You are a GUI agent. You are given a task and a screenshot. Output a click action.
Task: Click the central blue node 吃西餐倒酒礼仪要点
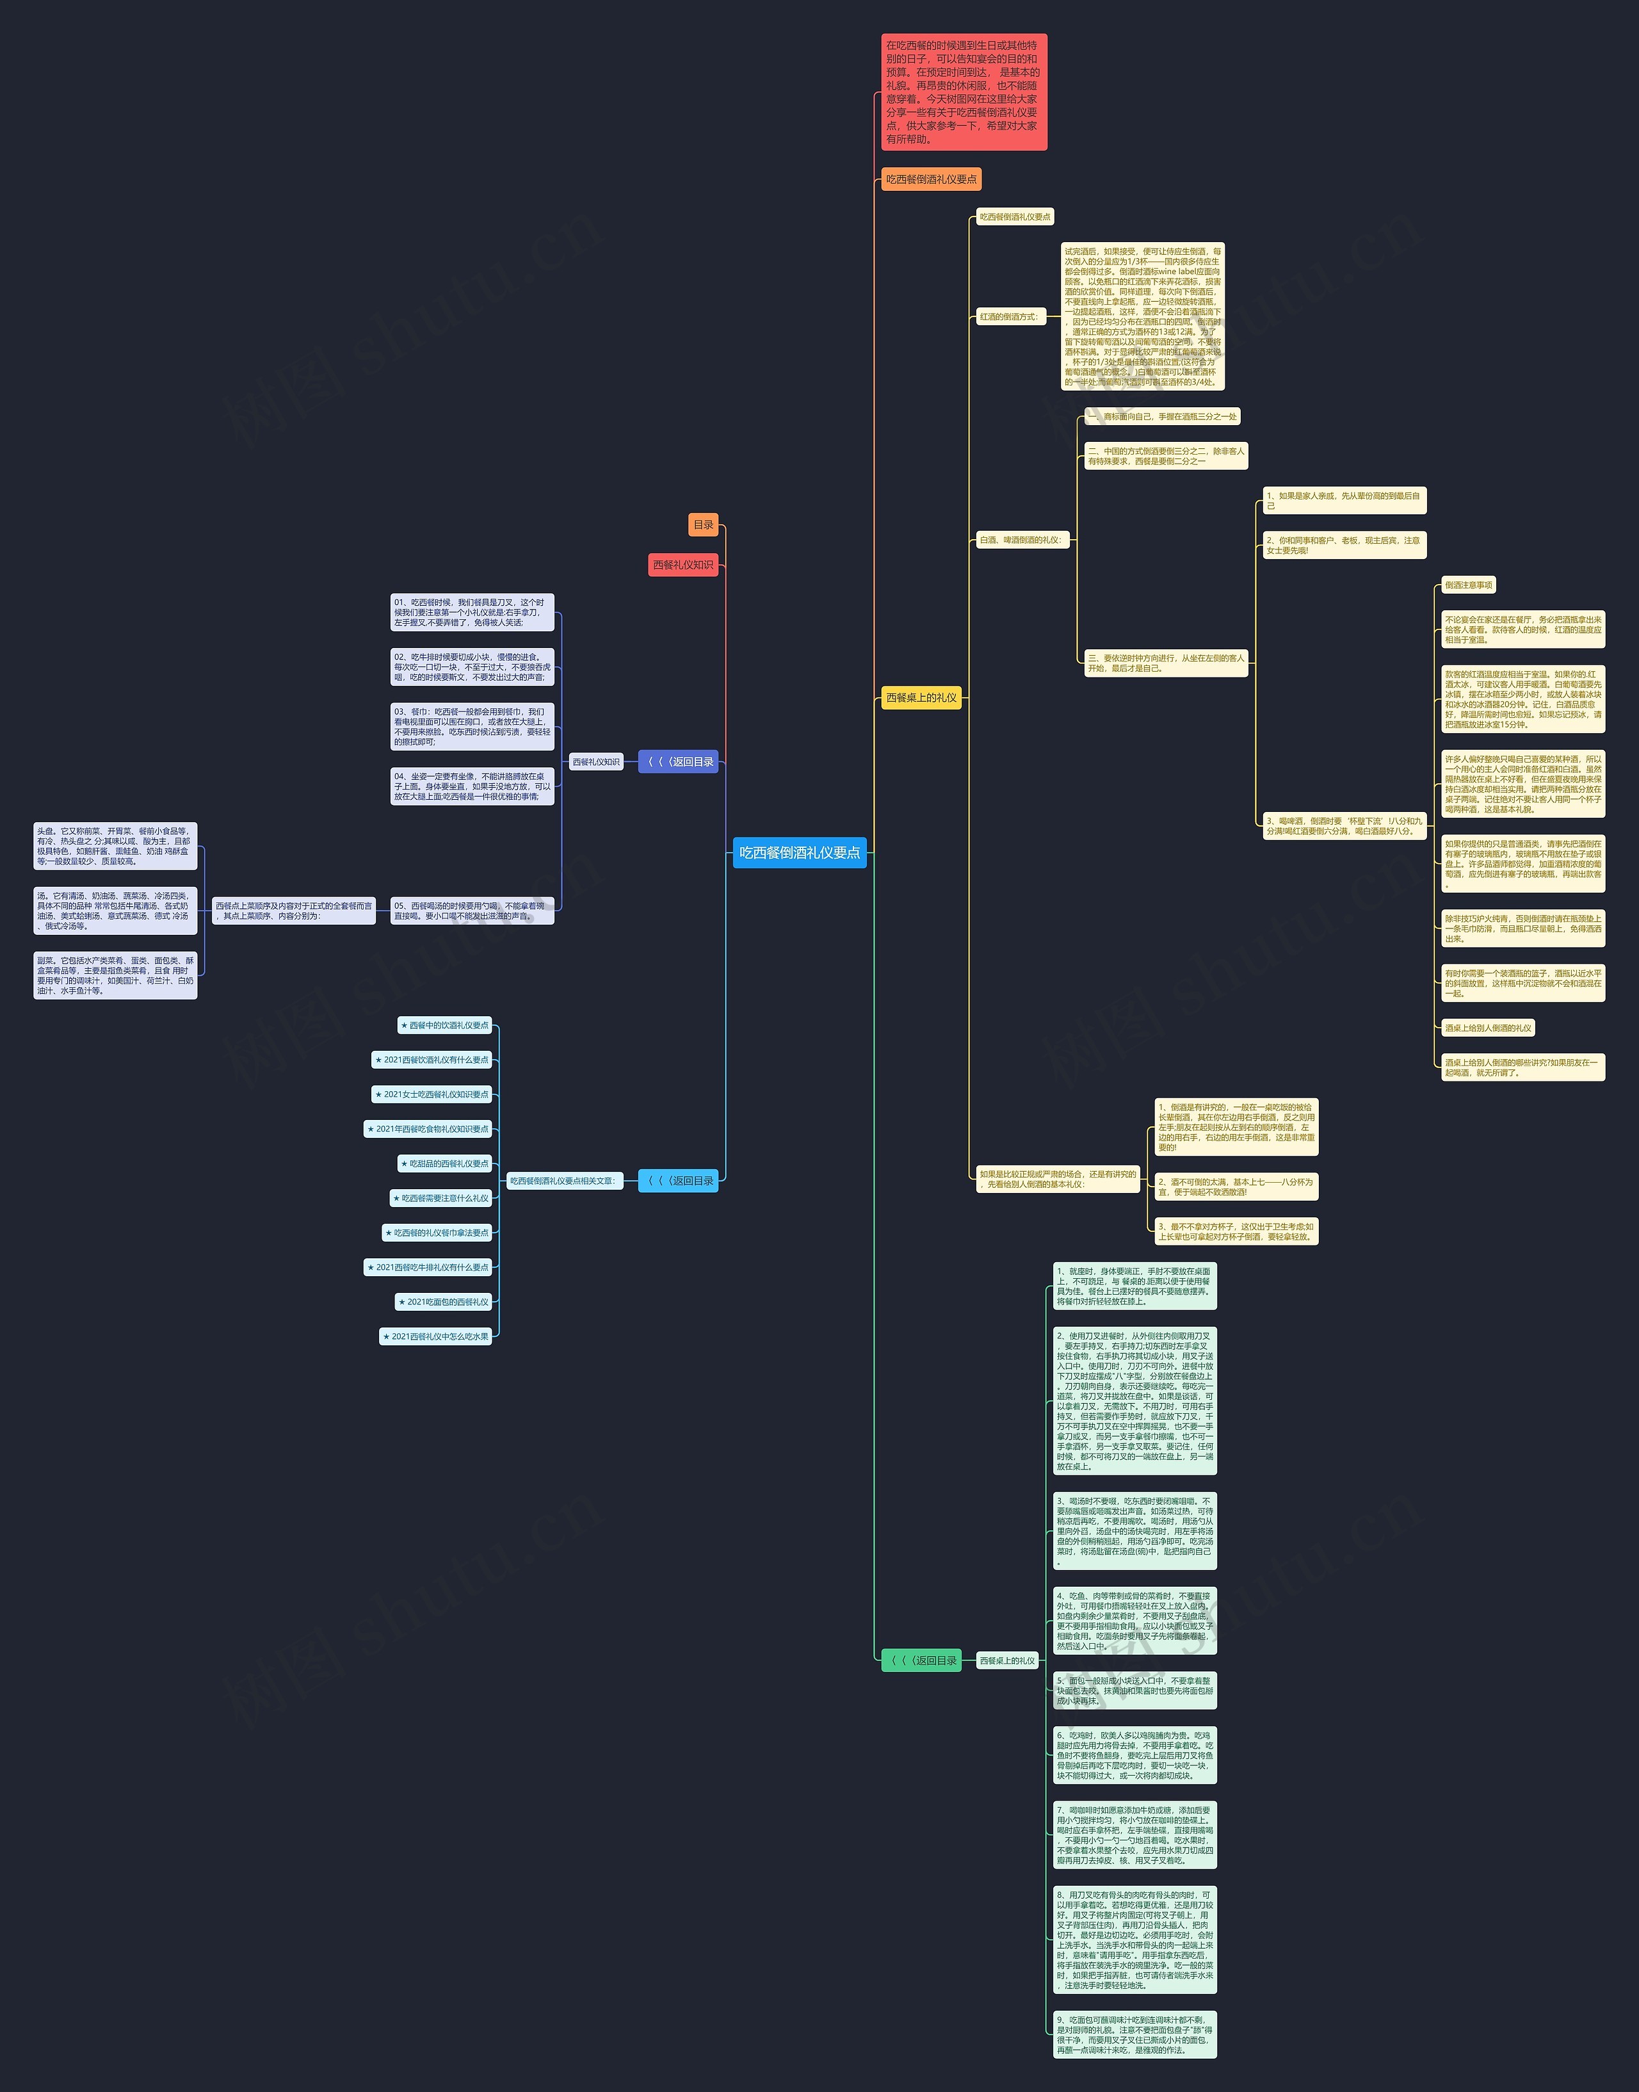800,852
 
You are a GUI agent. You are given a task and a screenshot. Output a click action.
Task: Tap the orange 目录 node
704,525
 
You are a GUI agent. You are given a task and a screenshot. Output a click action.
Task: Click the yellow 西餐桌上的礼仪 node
921,697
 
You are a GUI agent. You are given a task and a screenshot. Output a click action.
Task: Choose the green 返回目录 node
921,1660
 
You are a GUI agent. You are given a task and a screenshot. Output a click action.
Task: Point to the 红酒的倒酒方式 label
1008,317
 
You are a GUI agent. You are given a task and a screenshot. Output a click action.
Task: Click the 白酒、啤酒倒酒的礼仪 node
1021,540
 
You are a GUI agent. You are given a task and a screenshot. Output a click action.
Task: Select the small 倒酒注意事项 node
1468,585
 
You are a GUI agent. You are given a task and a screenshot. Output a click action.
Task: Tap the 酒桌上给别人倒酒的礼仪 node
1487,1028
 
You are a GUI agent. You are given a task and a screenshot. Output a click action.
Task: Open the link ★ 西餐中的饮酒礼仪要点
444,1025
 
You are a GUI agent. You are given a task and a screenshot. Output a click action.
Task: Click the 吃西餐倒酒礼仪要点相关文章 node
562,1180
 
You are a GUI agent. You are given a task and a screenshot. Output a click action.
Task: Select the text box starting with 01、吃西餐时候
472,612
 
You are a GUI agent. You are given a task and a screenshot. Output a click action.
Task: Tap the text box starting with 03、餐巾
472,726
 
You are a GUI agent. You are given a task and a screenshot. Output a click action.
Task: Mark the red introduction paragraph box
964,92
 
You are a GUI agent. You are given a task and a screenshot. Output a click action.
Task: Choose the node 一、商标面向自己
1162,416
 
